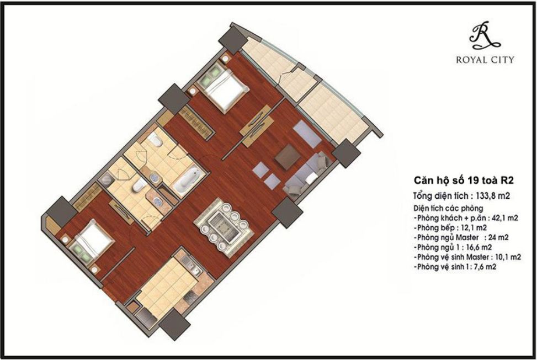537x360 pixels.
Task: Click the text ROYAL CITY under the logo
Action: pos(485,60)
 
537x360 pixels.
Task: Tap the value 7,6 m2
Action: pos(487,267)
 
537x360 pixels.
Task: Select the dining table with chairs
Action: pos(224,224)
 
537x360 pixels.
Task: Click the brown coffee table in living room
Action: pos(288,157)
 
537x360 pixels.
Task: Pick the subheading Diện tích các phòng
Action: pos(448,209)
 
